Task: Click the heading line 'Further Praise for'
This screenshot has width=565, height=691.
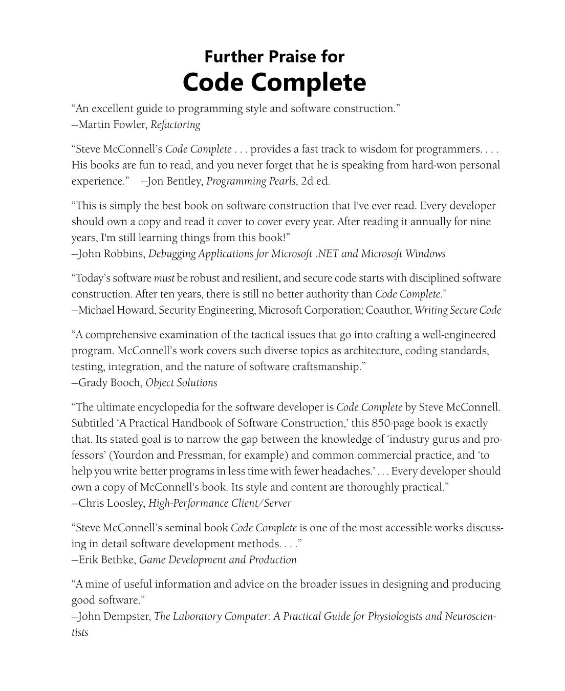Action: (274, 56)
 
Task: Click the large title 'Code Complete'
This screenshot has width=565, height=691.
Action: (274, 82)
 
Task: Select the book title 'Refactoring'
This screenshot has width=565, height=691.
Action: (176, 124)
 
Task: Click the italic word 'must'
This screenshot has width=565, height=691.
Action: (164, 278)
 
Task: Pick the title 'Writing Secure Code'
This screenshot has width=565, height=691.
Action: (458, 310)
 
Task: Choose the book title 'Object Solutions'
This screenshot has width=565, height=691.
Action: (181, 383)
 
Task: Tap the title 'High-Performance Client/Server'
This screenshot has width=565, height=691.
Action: (220, 504)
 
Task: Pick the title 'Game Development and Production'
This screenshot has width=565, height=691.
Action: (218, 560)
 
